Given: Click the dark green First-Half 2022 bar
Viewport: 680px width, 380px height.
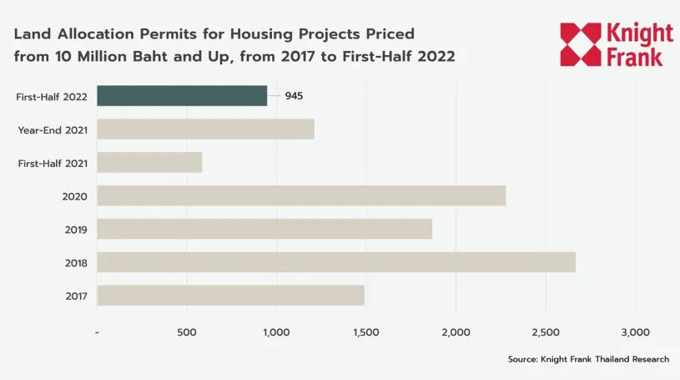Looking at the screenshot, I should (182, 95).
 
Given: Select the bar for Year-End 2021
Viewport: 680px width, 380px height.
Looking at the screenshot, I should (205, 129).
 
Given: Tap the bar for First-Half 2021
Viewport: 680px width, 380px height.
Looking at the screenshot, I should (149, 162).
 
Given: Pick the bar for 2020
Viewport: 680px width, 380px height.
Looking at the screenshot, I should (301, 195).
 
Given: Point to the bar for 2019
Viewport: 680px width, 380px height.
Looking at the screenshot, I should (264, 229).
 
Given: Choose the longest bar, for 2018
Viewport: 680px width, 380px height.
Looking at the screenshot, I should (336, 262).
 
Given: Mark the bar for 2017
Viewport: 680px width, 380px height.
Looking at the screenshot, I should (230, 296).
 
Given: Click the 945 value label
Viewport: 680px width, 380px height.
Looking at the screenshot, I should (294, 95).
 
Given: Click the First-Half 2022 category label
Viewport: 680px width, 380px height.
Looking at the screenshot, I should (51, 96).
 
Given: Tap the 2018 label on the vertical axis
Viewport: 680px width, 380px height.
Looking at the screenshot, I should (76, 263).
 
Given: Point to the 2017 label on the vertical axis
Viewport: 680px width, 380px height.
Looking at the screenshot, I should (76, 296).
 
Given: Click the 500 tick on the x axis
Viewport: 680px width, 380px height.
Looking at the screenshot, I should (186, 332).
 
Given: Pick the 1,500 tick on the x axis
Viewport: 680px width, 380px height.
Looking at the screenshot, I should (366, 332).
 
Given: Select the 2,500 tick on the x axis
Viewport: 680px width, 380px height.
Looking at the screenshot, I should (546, 332).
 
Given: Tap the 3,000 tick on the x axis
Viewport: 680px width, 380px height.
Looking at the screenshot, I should (636, 332).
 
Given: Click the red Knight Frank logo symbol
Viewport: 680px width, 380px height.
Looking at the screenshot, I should (581, 44).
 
